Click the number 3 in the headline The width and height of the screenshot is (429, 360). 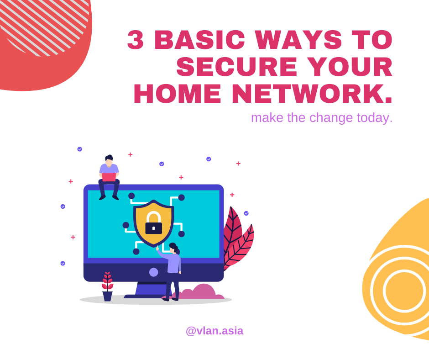click(136, 40)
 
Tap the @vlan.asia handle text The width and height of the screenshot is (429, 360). click(214, 331)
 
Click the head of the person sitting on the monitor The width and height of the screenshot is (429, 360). click(109, 160)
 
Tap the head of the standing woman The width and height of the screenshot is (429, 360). click(173, 248)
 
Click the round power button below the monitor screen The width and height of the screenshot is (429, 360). click(154, 272)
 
